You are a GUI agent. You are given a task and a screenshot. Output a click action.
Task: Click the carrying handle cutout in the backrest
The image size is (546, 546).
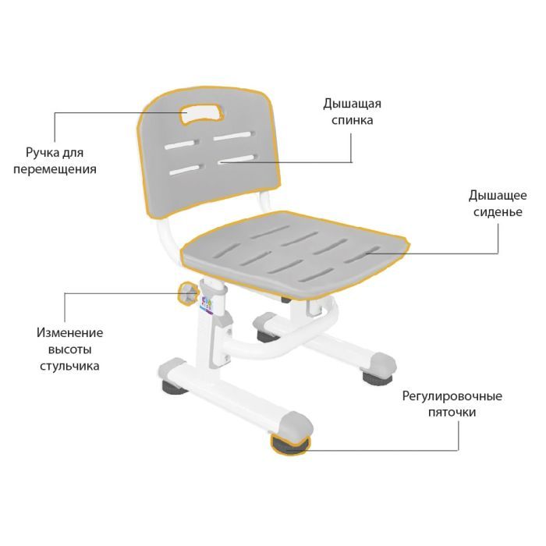pyautogui.click(x=202, y=113)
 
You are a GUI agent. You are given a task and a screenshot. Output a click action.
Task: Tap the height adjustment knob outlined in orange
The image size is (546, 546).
pyautogui.click(x=188, y=293)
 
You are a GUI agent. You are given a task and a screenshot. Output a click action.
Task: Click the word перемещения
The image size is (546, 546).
pyautogui.click(x=55, y=169)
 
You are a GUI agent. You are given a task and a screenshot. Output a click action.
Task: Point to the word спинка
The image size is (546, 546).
pyautogui.click(x=352, y=120)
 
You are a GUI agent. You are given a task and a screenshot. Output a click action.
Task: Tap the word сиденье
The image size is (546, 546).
pyautogui.click(x=498, y=212)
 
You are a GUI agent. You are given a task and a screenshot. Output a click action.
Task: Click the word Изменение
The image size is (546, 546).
pyautogui.click(x=69, y=332)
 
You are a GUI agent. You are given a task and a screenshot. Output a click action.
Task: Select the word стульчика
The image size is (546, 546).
pyautogui.click(x=69, y=366)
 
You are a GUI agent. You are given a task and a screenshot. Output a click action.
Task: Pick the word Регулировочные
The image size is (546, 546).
pyautogui.click(x=452, y=396)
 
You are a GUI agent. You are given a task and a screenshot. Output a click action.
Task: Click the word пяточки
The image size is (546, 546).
pyautogui.click(x=452, y=413)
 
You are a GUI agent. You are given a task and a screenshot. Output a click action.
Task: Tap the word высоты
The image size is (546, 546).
pyautogui.click(x=69, y=349)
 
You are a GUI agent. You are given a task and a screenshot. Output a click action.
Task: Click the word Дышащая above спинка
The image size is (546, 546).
pyautogui.click(x=352, y=104)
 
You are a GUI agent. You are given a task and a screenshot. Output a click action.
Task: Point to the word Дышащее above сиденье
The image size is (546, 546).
pyautogui.click(x=498, y=195)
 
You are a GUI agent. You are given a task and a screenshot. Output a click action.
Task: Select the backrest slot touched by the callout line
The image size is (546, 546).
pyautogui.click(x=237, y=159)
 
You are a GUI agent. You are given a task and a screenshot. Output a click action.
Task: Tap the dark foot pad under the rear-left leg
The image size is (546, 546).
pyautogui.click(x=174, y=387)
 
